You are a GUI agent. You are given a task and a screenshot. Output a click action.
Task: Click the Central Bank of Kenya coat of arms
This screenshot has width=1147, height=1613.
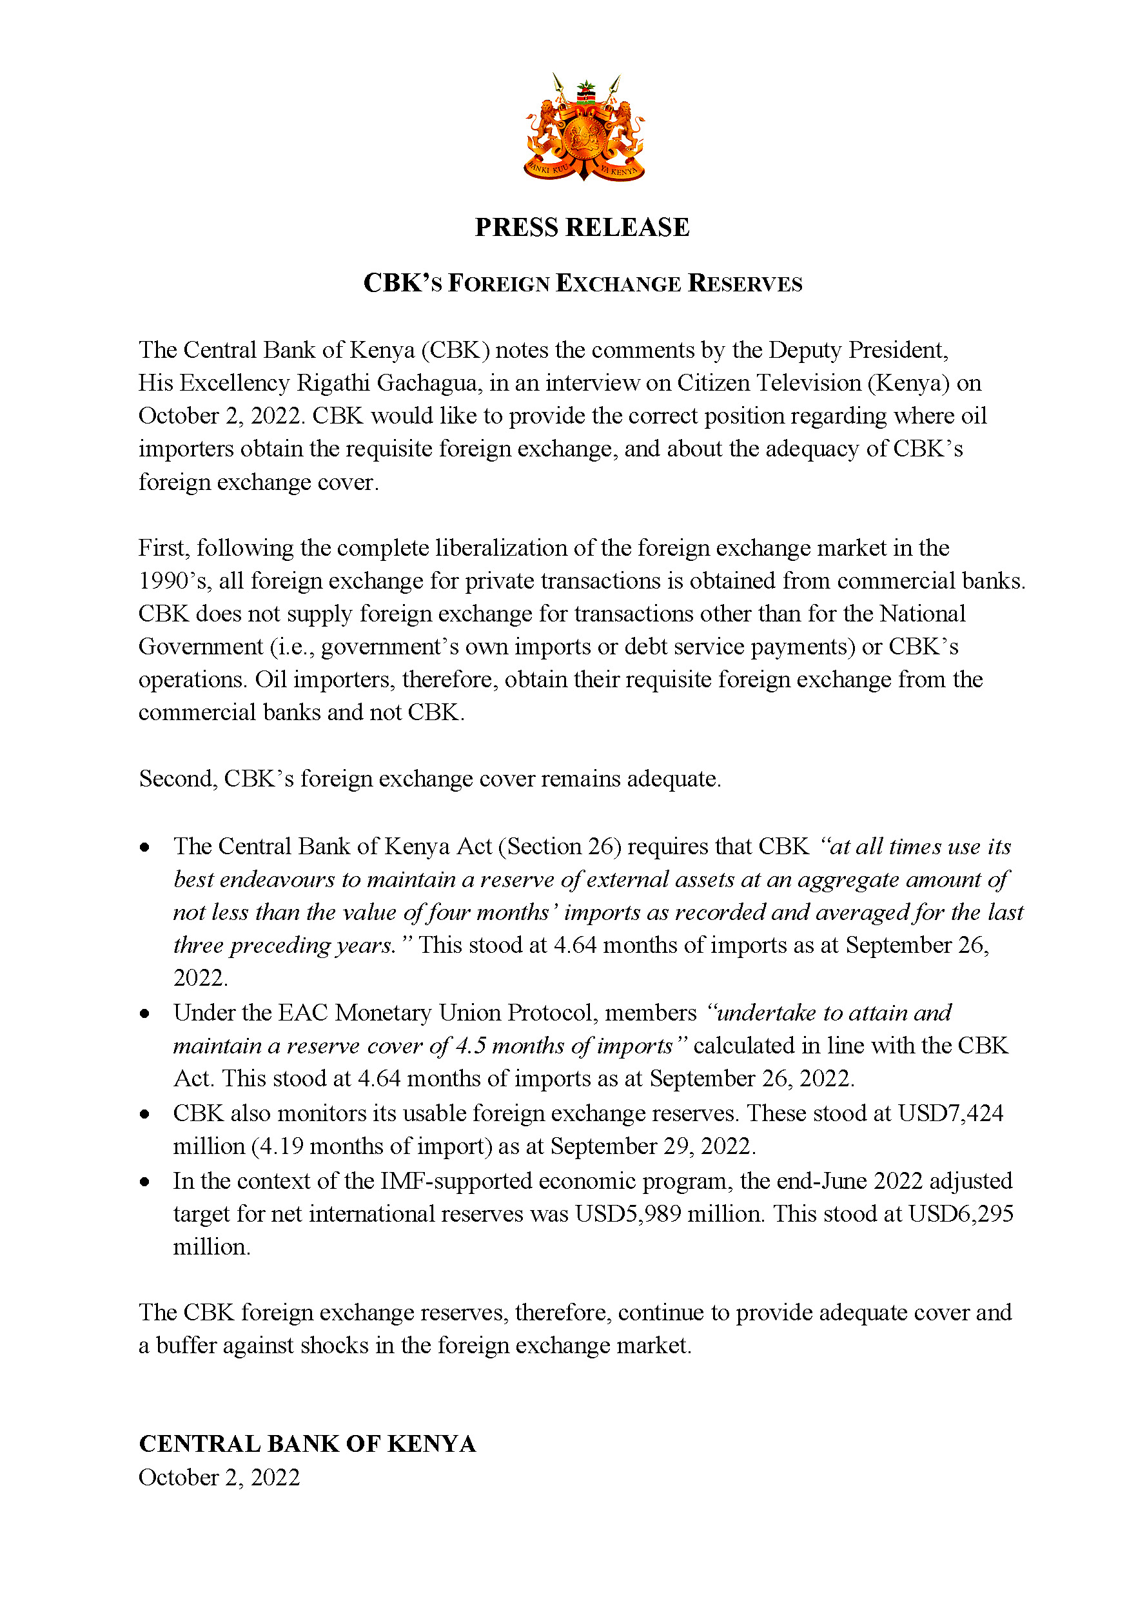click(x=583, y=127)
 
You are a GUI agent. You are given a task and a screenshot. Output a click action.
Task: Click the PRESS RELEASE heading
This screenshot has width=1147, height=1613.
click(x=582, y=228)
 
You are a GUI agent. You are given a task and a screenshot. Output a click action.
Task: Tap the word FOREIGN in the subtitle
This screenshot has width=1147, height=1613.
click(x=498, y=283)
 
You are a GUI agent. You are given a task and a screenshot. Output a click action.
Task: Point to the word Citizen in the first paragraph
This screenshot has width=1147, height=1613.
click(x=713, y=383)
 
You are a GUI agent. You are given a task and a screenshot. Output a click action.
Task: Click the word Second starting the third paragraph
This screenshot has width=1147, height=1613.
click(x=178, y=778)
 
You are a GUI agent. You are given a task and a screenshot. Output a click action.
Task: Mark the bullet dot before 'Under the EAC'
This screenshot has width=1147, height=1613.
click(x=145, y=1013)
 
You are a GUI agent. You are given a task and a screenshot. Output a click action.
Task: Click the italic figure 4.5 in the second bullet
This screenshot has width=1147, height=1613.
click(x=471, y=1046)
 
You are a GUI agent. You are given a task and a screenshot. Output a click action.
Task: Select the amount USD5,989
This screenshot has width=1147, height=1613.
click(x=628, y=1214)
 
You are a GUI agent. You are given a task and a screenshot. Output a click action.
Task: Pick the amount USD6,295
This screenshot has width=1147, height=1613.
click(x=961, y=1214)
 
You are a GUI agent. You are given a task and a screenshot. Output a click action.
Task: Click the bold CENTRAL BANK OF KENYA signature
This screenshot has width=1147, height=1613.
click(x=308, y=1444)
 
